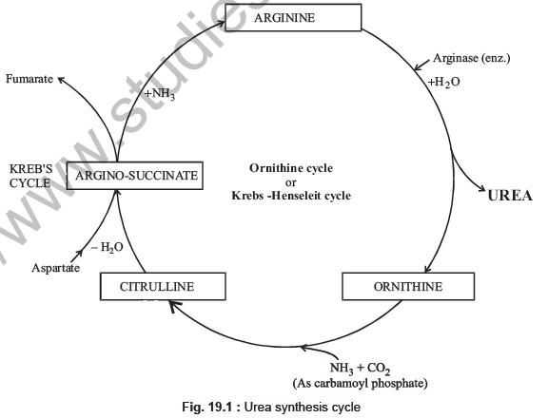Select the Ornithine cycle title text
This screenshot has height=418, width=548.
coord(285,167)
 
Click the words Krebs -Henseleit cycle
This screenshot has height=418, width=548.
coord(285,195)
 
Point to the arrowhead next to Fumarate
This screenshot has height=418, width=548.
coord(62,82)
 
